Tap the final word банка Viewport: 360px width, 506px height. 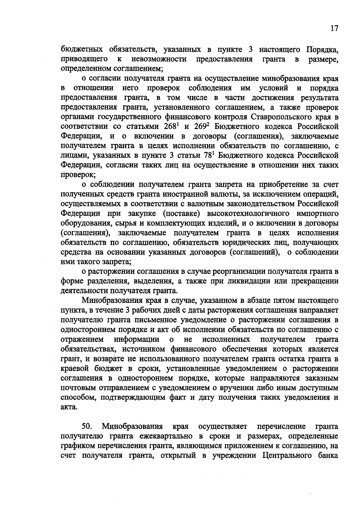[328, 456]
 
